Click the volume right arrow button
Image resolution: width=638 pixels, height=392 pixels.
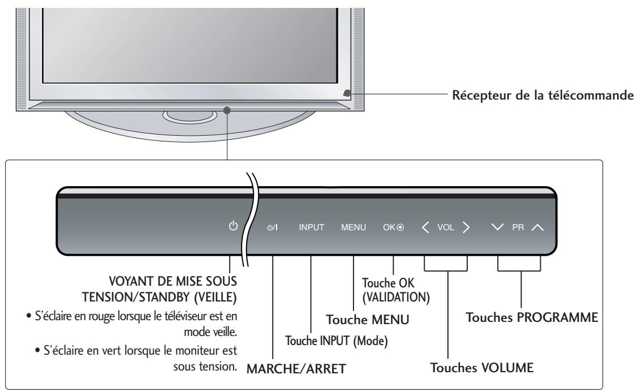[465, 228]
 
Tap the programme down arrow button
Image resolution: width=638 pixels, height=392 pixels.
[498, 228]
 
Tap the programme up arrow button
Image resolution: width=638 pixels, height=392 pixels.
[537, 228]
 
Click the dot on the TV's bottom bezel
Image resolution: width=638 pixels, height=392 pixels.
[227, 110]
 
